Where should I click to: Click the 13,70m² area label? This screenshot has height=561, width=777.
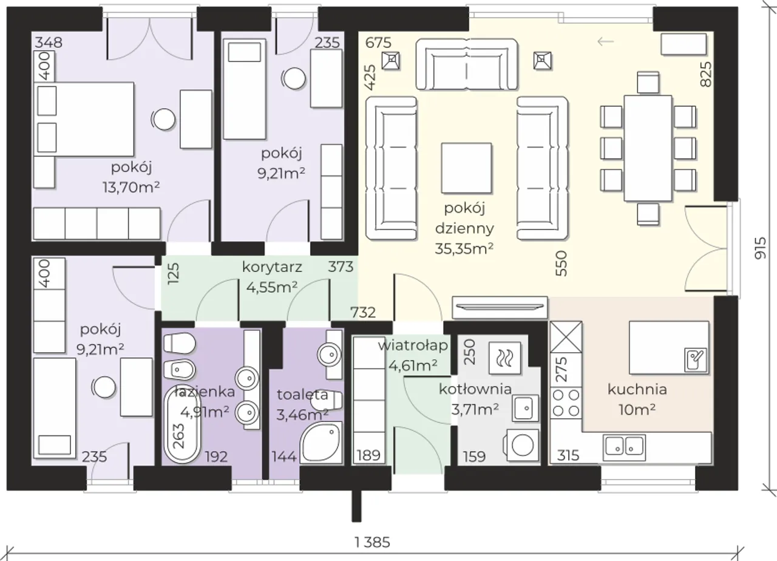click(131, 188)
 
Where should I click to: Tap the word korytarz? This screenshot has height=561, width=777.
click(272, 267)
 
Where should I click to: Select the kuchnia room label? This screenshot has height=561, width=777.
click(637, 389)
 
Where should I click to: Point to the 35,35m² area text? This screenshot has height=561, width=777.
click(464, 248)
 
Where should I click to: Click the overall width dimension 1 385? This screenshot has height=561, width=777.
click(372, 542)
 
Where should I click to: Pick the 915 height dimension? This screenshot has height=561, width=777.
click(760, 248)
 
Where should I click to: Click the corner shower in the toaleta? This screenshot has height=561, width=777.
click(321, 442)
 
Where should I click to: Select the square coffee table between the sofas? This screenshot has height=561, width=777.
click(466, 168)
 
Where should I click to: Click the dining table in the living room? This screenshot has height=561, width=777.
click(648, 148)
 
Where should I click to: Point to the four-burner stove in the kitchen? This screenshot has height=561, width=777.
click(566, 403)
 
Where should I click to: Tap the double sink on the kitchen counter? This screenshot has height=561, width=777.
click(624, 447)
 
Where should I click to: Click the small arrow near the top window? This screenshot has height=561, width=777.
click(606, 42)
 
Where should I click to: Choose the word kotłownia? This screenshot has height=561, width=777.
click(475, 389)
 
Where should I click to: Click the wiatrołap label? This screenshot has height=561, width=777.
click(413, 346)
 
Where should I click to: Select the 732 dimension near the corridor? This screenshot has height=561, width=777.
click(363, 312)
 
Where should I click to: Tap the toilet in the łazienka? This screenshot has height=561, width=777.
click(179, 343)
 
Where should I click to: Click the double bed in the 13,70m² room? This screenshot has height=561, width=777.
click(84, 119)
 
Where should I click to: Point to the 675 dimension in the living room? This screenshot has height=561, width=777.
click(378, 42)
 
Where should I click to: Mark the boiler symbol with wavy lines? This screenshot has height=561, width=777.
click(504, 358)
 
